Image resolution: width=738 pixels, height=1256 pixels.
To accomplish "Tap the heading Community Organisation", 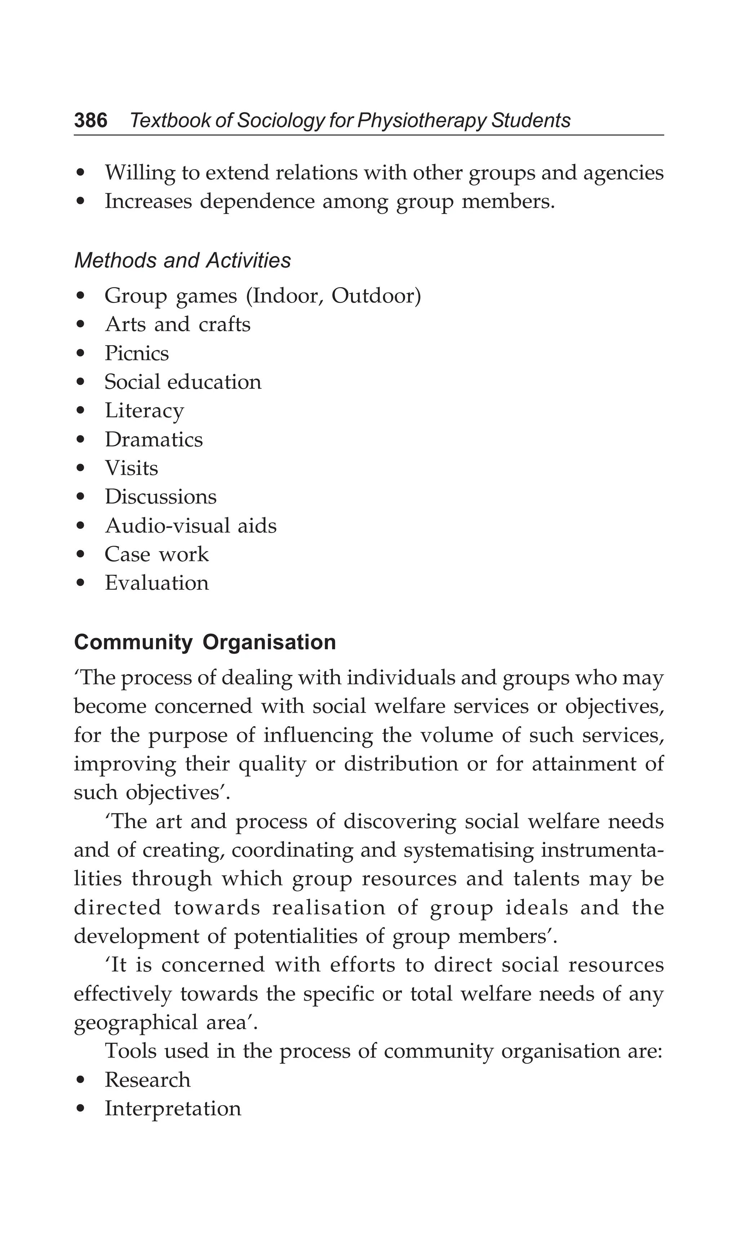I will tap(205, 642).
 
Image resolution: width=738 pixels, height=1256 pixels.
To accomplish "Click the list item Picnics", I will tap(137, 353).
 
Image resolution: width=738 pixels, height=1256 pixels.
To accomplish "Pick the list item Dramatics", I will tap(154, 440).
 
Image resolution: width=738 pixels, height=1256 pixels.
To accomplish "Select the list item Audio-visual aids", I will tap(191, 526).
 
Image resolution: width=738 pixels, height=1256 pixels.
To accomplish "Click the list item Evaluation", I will tap(157, 583).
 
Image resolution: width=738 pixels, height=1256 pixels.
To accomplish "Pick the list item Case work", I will tap(157, 554).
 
